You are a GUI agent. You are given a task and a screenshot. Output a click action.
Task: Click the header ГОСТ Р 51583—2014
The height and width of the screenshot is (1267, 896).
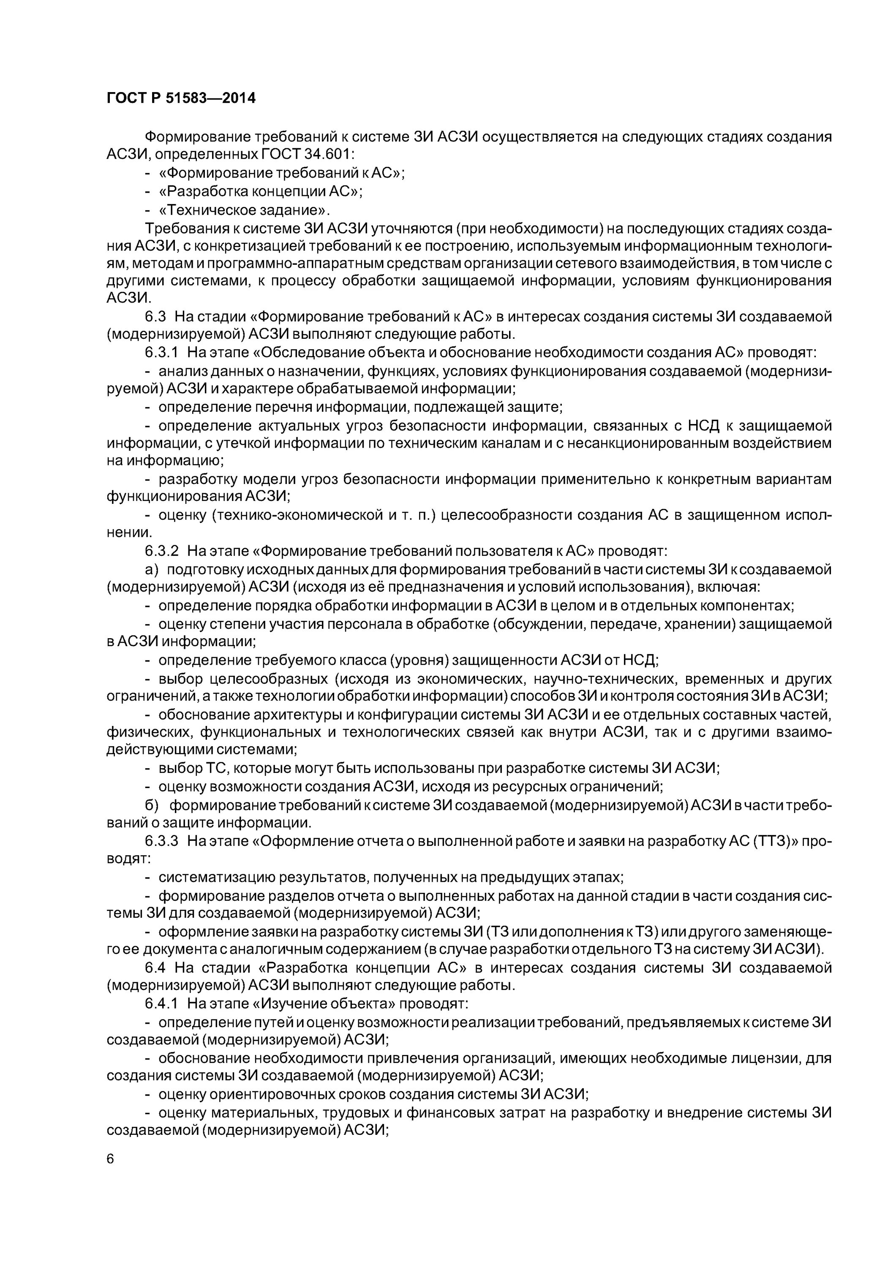click(x=181, y=98)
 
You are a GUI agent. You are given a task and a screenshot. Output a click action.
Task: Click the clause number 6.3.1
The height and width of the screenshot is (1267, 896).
click(x=161, y=352)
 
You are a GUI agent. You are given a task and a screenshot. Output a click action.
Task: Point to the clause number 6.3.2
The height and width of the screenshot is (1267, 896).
click(x=161, y=551)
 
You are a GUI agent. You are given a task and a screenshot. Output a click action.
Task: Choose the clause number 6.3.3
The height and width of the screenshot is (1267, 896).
click(x=161, y=840)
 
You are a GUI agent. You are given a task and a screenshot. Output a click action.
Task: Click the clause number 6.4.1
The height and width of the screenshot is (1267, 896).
click(x=161, y=1003)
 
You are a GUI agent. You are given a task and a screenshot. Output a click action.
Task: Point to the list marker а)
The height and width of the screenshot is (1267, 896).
click(x=151, y=569)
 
